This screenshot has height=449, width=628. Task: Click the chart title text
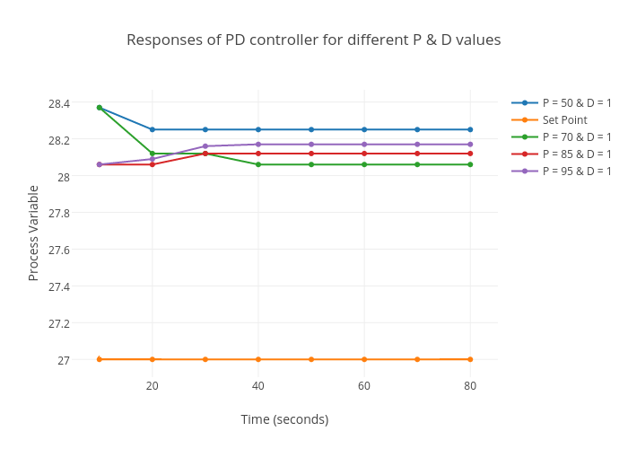pyautogui.click(x=313, y=40)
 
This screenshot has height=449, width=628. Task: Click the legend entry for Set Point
pyautogui.click(x=563, y=119)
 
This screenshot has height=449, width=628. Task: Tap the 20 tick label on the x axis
pyautogui.click(x=153, y=386)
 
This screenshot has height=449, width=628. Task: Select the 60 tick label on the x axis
pyautogui.click(x=364, y=386)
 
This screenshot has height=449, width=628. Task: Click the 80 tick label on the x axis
pyautogui.click(x=470, y=386)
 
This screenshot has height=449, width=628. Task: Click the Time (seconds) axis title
pyautogui.click(x=284, y=419)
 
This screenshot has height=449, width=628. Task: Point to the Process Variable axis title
pyautogui.click(x=34, y=233)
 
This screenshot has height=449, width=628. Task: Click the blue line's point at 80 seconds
pyautogui.click(x=470, y=129)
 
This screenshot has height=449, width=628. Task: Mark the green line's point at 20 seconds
pyautogui.click(x=153, y=154)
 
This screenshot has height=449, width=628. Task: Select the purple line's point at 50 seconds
pyautogui.click(x=311, y=145)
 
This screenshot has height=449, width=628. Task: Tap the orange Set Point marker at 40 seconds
pyautogui.click(x=258, y=359)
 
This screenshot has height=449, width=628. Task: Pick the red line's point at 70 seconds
pyautogui.click(x=417, y=154)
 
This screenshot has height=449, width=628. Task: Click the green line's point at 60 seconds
pyautogui.click(x=364, y=164)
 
